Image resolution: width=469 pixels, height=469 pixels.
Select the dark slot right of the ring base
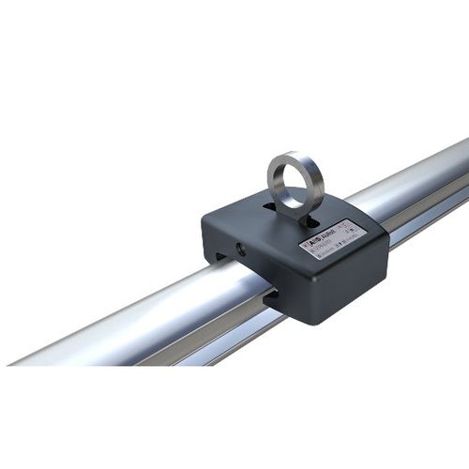316,223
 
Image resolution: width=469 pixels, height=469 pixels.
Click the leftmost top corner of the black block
204,221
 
